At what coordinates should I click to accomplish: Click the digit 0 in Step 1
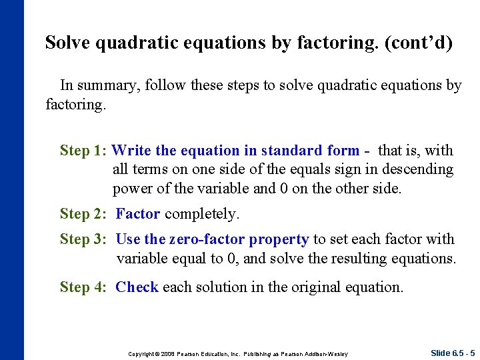(x=284, y=189)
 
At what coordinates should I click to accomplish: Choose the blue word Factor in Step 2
(x=138, y=214)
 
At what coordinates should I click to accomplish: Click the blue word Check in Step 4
(x=137, y=287)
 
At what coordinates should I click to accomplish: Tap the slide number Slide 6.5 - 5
(x=452, y=353)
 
